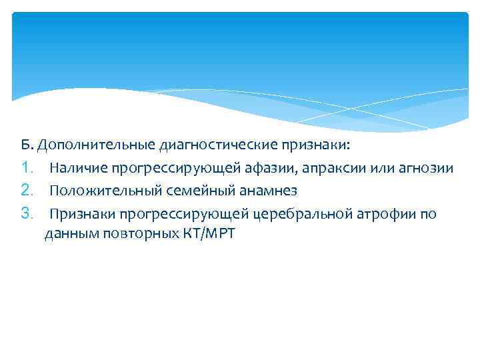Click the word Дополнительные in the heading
97,145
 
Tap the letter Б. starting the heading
26,145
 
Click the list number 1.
27,168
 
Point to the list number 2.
27,191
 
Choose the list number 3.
27,213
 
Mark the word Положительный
95,191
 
